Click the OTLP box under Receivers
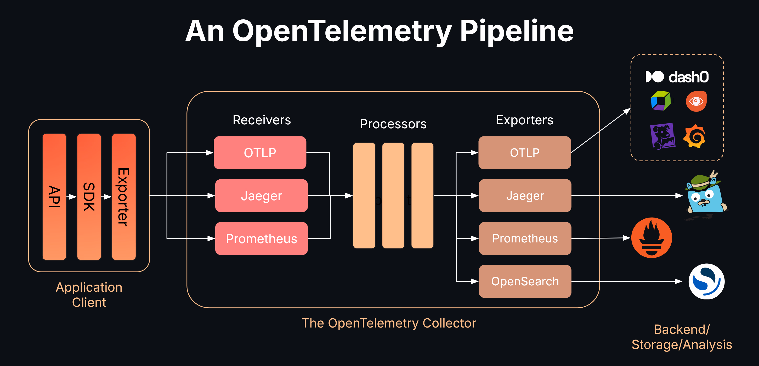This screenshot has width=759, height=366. (x=260, y=152)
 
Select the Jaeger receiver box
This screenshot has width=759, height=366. (x=261, y=196)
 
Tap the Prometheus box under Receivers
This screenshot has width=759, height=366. (x=261, y=238)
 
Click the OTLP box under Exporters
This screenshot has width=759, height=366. (x=524, y=152)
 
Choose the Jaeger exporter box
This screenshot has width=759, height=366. (x=525, y=196)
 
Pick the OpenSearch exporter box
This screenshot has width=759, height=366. (x=525, y=281)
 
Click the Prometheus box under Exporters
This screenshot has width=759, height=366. (x=525, y=238)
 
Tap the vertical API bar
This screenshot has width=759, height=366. (x=54, y=196)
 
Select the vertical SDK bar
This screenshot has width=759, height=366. (x=89, y=196)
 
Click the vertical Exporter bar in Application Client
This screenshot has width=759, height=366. (x=124, y=196)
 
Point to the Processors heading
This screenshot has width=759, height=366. (x=393, y=124)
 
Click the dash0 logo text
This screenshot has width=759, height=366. (x=688, y=77)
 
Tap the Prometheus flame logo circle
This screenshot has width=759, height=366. (x=652, y=238)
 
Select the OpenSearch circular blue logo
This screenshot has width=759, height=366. (x=706, y=281)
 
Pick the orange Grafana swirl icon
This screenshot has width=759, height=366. (x=694, y=136)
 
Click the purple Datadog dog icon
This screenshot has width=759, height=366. (x=662, y=136)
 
